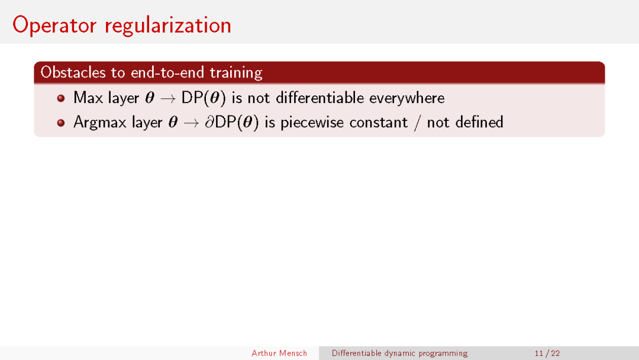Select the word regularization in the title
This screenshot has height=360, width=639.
(168, 26)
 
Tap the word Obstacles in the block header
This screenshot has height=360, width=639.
(73, 73)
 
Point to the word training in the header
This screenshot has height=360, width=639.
(236, 73)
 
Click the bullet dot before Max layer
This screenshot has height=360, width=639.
(61, 98)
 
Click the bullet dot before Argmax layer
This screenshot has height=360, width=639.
(61, 123)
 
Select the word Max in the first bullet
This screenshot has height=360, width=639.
(88, 98)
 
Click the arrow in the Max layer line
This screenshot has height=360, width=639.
(167, 99)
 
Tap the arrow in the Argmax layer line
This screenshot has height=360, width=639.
(191, 123)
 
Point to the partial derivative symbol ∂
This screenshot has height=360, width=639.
(209, 122)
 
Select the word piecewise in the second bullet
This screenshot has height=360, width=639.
(312, 123)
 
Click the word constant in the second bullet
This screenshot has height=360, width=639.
(378, 123)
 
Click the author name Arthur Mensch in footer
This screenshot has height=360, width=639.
(279, 353)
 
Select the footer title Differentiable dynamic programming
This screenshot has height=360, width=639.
(400, 353)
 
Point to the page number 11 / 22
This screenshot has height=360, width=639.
(547, 353)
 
